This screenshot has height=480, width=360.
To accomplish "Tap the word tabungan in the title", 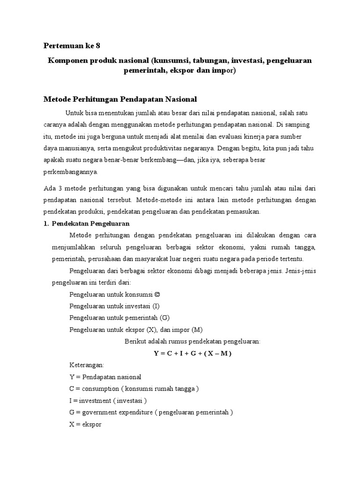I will click(x=190, y=61).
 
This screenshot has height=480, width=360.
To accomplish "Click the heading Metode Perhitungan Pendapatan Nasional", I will click(x=120, y=99).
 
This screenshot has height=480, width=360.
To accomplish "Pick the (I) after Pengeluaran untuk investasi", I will click(x=156, y=306).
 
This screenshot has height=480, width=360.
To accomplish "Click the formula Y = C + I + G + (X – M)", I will click(x=193, y=353).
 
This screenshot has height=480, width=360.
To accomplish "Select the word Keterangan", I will click(x=87, y=365).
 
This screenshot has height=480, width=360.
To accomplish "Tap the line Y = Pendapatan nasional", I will click(x=105, y=377).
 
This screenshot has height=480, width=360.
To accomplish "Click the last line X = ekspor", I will click(x=85, y=424).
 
